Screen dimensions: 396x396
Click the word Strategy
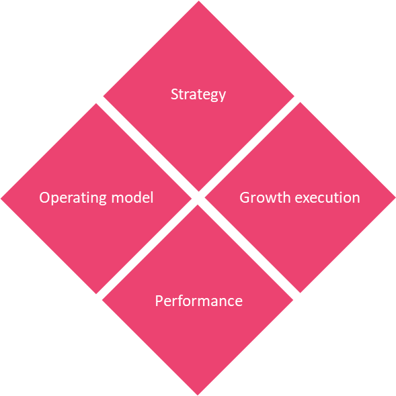click(198, 95)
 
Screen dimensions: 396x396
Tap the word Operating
click(73, 198)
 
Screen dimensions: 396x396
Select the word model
click(132, 197)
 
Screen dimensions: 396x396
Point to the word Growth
click(265, 197)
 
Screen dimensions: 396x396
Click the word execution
click(327, 197)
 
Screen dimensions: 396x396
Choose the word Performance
click(199, 301)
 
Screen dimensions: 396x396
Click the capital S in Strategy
click(175, 94)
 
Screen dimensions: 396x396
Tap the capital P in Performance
click(159, 301)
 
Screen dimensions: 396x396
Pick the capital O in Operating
click(44, 197)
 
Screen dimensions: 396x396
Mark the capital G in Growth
click(245, 197)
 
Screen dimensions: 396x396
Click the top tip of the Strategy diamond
click(198, 1)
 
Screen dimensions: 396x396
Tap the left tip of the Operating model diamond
click(1, 199)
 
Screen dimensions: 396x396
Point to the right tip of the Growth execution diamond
click(395, 197)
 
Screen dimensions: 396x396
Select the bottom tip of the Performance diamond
click(198, 395)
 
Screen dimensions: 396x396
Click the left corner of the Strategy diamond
click(104, 96)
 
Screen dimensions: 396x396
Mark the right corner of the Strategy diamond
click(294, 96)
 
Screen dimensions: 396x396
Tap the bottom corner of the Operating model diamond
click(96, 294)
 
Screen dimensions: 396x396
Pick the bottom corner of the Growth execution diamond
click(300, 293)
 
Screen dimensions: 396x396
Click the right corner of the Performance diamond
click(293, 300)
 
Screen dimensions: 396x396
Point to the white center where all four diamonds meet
click(198, 198)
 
